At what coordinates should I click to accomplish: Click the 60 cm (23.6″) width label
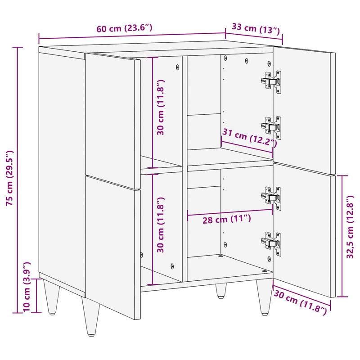[124, 28]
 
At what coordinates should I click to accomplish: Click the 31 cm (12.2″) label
[249, 137]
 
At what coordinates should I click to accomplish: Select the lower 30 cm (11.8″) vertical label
[161, 225]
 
